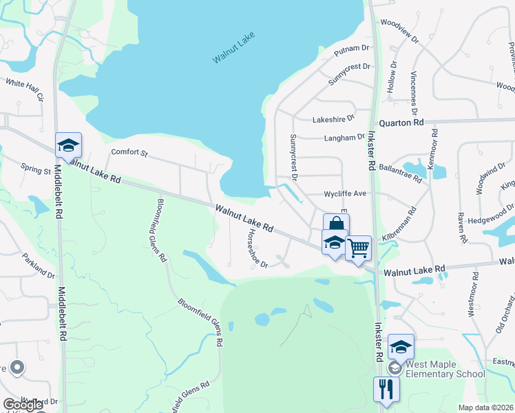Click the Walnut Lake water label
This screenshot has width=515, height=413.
coord(230,51)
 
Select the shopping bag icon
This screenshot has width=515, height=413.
coord(335,224)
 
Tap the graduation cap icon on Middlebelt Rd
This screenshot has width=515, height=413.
coord(68,144)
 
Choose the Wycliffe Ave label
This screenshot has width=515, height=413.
coord(345,193)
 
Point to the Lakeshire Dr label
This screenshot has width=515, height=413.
coord(333,119)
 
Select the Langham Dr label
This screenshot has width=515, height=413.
coord(344,138)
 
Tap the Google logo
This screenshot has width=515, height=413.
coord(23,405)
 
